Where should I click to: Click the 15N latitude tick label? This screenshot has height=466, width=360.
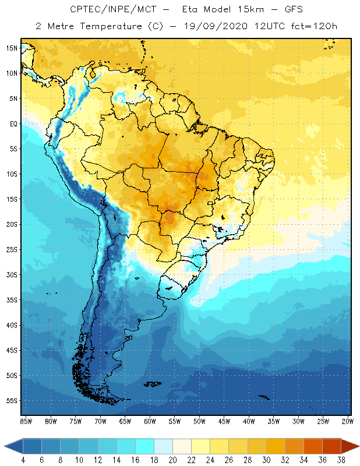click(x=12, y=48)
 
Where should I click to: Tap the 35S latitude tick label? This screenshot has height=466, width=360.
click(x=12, y=300)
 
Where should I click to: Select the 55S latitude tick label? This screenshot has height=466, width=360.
click(x=12, y=401)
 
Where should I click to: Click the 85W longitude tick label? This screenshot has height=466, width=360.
click(x=26, y=421)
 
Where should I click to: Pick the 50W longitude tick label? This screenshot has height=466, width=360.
click(x=199, y=421)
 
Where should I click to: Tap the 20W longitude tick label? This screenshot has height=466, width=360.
click(x=347, y=421)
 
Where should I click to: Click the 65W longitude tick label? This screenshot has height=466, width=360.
click(x=125, y=421)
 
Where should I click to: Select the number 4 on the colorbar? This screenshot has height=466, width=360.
click(x=23, y=460)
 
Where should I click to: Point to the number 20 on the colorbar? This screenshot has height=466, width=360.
click(x=172, y=460)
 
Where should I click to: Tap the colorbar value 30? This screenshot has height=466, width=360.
click(x=266, y=460)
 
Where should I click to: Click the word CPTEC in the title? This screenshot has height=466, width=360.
click(x=85, y=10)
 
